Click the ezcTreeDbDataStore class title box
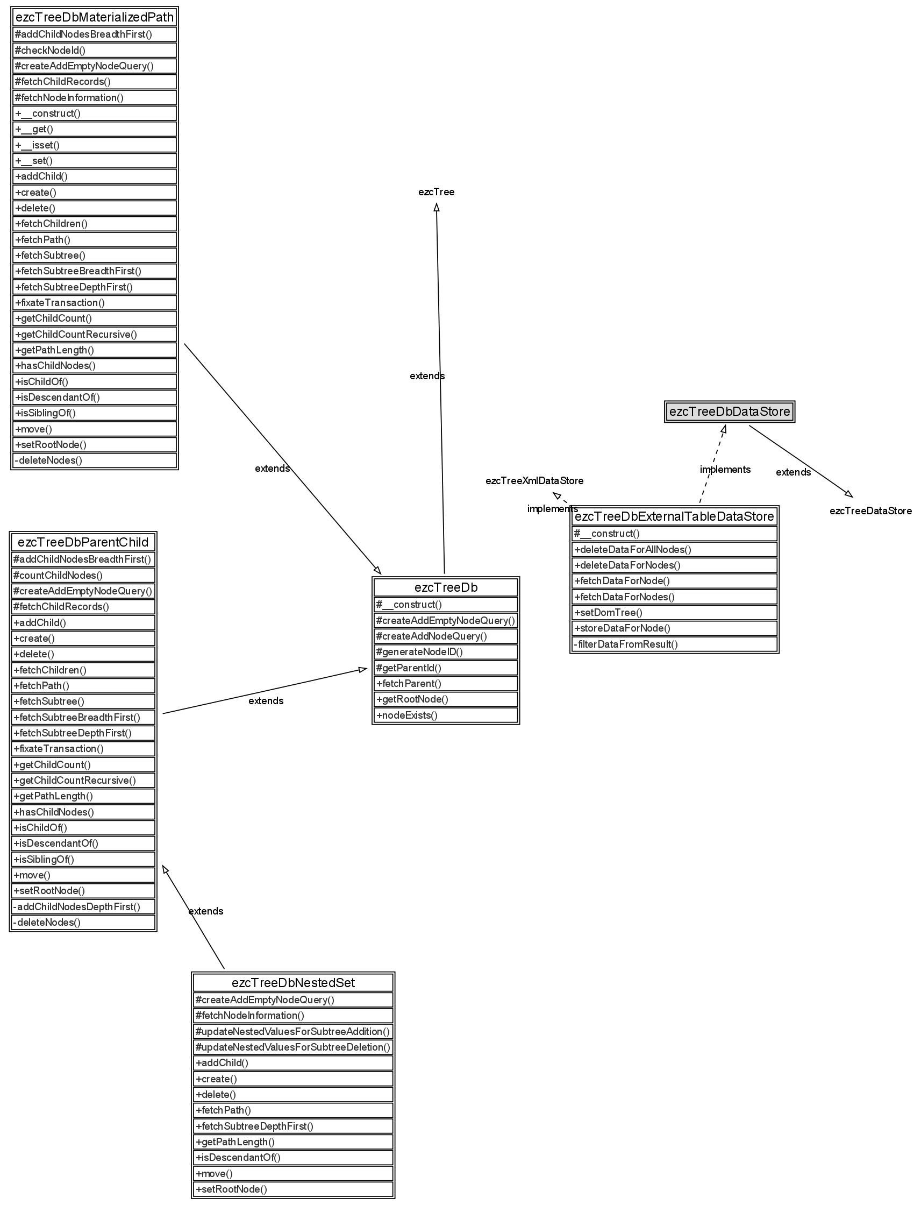pos(729,412)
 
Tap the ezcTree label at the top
pos(437,192)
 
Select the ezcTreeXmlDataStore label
pos(534,481)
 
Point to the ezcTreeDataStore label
pos(870,511)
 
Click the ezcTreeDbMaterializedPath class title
pos(95,18)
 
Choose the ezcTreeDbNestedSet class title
pos(294,983)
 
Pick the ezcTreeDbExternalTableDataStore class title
pos(674,516)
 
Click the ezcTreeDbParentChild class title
pos(83,542)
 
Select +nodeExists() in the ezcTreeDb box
pos(446,715)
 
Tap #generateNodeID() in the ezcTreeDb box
pos(446,652)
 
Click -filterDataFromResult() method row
pos(674,644)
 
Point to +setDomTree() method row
pos(674,613)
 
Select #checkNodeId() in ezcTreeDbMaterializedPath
pos(95,51)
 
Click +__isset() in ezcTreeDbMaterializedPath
pos(95,145)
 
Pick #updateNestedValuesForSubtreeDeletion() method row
pos(294,1047)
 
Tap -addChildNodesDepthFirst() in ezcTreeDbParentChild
pos(83,906)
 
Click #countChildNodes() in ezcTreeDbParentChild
pos(83,576)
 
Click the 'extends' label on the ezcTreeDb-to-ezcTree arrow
pos(427,376)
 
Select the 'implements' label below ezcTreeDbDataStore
pos(725,470)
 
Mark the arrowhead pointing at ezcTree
pos(437,207)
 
